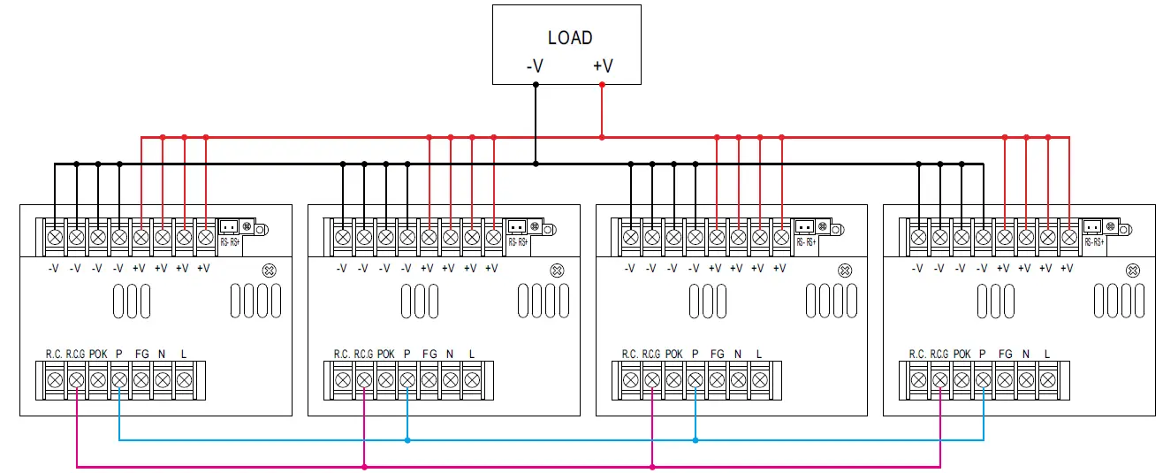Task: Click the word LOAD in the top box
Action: pos(570,38)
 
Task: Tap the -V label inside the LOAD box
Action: pos(534,66)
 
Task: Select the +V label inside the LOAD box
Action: pos(603,66)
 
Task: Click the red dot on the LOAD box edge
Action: pos(602,85)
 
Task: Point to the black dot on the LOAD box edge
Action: pos(535,85)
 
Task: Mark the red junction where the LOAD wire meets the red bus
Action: pos(602,137)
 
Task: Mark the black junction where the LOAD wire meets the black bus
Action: pos(535,164)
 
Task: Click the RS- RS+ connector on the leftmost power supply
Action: pos(228,228)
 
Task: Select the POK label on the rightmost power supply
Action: pos(962,354)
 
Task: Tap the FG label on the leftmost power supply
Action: pos(141,354)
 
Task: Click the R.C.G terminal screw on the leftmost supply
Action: pos(76,381)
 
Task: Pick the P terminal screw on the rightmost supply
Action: pos(983,381)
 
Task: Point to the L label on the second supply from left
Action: pos(472,354)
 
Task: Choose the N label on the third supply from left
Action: pos(738,354)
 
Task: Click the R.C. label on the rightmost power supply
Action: pos(917,354)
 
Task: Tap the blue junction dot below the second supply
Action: pos(407,439)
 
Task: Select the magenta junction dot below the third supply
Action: pos(651,466)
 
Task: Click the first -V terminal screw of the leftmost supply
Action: pos(55,237)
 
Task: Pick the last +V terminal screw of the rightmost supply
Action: pos(1068,237)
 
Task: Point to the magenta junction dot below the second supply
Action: pos(364,466)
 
